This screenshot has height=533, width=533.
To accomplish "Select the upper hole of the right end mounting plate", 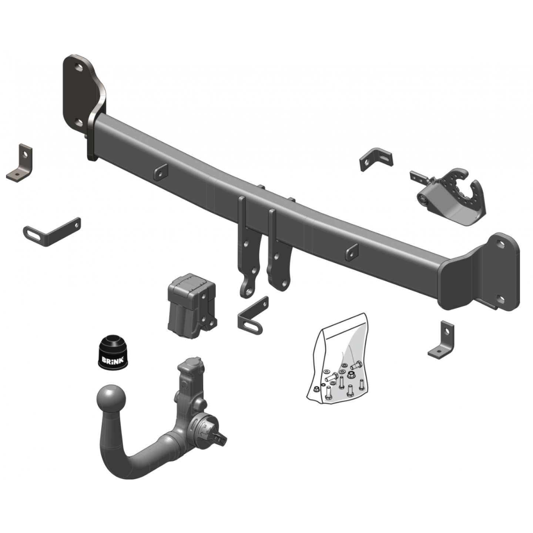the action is (x=500, y=244).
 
